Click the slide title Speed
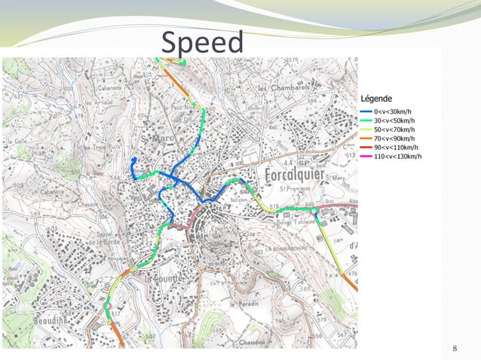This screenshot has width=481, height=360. [202, 43]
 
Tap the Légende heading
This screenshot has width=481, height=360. [376, 98]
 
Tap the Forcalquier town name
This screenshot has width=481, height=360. [299, 175]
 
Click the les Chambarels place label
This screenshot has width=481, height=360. [283, 89]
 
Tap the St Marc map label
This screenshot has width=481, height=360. [155, 140]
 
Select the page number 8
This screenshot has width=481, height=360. [455, 348]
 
